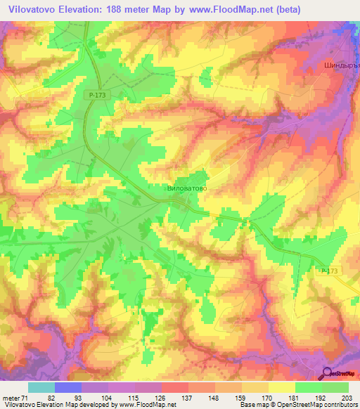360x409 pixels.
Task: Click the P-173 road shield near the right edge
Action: click(x=329, y=271)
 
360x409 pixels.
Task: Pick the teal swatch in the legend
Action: click(x=41, y=387)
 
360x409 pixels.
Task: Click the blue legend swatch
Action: click(x=68, y=387)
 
